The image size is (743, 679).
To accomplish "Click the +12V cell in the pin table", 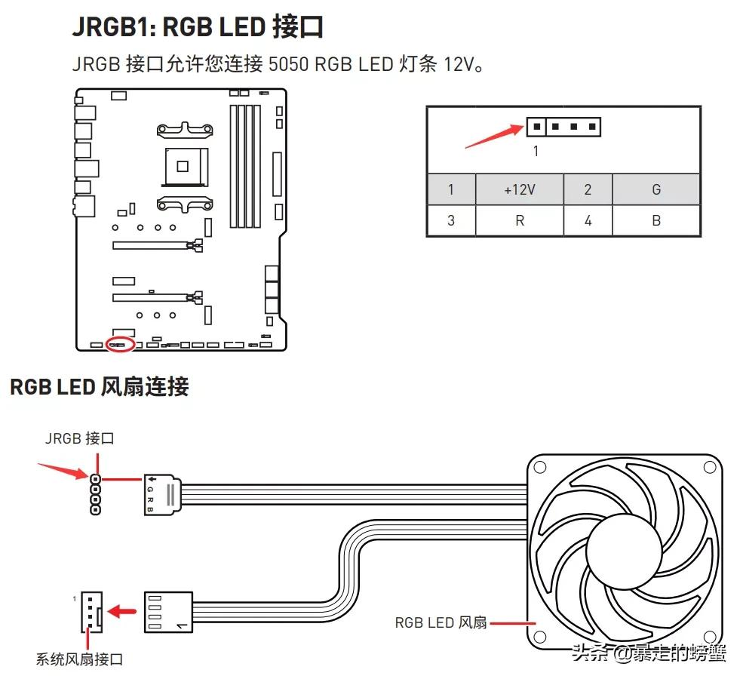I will [519, 189].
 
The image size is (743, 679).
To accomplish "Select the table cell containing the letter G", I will [655, 189].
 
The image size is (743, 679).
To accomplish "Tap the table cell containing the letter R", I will [519, 221].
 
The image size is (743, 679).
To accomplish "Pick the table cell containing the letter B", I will [655, 221].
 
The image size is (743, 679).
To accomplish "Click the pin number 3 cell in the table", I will [451, 221].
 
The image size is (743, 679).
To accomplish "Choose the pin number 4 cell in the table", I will [588, 221].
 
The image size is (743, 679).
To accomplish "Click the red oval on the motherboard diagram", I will [121, 345].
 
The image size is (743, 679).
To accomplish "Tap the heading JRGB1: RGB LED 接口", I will [198, 27].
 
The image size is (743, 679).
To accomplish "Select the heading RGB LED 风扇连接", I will [99, 387].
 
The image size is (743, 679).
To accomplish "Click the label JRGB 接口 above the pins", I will [80, 438].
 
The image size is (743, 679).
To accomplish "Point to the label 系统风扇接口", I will [79, 659].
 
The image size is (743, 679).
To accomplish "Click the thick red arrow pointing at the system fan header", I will [124, 608].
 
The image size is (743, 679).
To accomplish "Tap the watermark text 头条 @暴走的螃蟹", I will [649, 653].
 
